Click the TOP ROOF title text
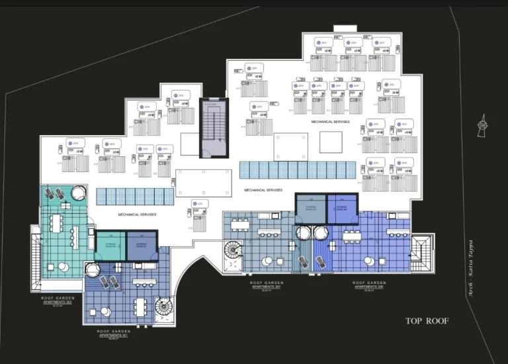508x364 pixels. pos(427,321)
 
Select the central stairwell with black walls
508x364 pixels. pos(214,128)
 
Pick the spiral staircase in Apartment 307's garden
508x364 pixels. pos(233,251)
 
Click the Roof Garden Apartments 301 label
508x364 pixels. pos(112,333)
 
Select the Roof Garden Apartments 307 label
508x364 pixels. pos(267,285)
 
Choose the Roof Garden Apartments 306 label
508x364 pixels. pos(369,285)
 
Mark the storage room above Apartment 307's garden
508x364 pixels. pos(310,207)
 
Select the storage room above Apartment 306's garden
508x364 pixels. pos(342,207)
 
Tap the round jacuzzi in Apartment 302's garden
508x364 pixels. pos(79,192)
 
